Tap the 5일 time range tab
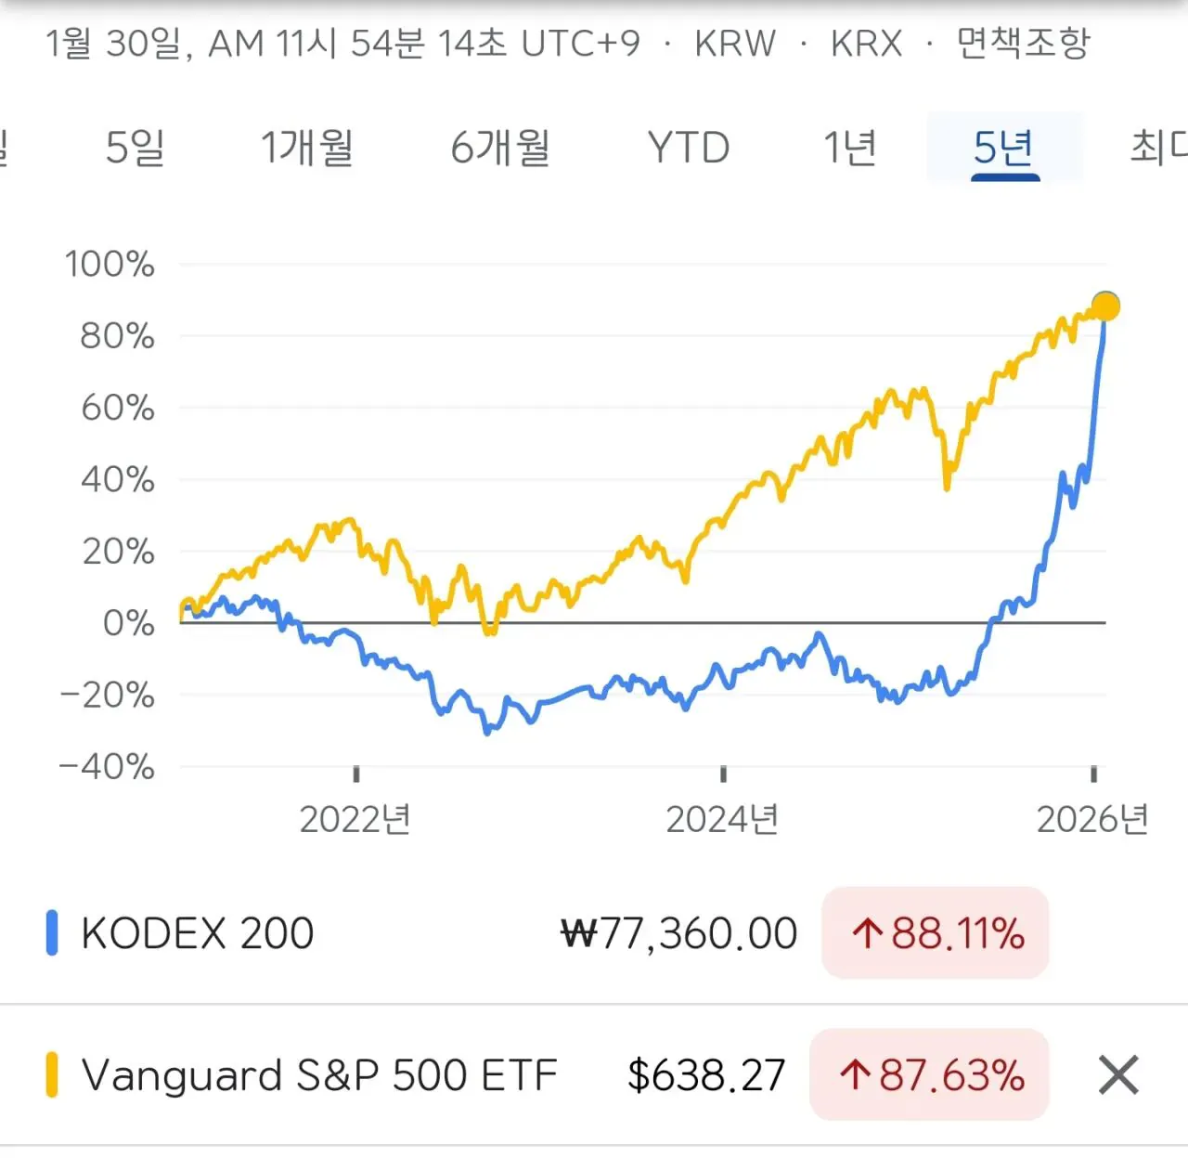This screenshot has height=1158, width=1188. point(136,147)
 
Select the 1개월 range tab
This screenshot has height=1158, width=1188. point(307,147)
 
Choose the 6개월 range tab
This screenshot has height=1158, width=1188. point(500,147)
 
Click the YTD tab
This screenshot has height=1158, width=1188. point(689,147)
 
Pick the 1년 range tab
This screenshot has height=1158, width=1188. point(850,147)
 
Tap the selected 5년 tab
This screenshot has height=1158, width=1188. point(1004,147)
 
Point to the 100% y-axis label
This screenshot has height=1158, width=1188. point(110,264)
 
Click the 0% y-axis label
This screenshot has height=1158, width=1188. point(128,622)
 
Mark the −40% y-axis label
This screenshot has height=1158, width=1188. point(107,766)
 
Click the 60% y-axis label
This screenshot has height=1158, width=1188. point(118,407)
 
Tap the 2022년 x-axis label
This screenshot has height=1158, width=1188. point(355,819)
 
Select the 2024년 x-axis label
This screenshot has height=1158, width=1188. point(722,819)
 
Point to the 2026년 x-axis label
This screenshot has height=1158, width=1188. point(1092,819)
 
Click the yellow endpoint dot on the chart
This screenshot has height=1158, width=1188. point(1105,306)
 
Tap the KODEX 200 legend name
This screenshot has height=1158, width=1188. point(197,933)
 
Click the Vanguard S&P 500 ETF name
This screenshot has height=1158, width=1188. point(319,1075)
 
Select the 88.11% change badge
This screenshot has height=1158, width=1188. point(936,933)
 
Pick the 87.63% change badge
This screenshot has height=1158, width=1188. point(930,1075)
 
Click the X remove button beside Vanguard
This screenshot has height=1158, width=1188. point(1118,1075)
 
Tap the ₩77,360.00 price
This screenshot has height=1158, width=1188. point(679,933)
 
